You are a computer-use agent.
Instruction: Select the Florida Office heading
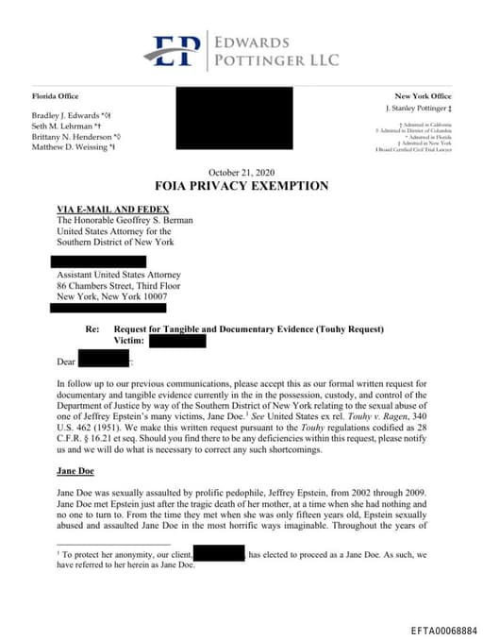click(x=57, y=96)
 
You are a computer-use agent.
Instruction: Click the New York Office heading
click(x=423, y=96)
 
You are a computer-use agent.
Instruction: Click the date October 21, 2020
click(x=241, y=173)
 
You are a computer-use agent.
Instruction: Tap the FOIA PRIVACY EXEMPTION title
click(x=241, y=186)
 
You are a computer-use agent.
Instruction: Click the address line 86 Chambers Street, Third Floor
click(x=125, y=285)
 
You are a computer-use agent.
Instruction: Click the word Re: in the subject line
click(x=92, y=328)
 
